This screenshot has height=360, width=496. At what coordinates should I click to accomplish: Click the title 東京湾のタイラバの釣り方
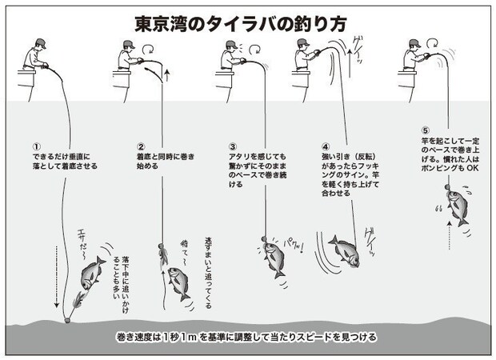[248, 22]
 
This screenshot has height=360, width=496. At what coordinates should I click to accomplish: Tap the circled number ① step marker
[37, 146]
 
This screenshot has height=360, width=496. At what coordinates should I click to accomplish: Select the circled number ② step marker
[140, 146]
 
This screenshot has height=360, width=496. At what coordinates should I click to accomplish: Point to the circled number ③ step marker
[232, 146]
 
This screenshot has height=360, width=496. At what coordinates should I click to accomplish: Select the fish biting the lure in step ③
[274, 254]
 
